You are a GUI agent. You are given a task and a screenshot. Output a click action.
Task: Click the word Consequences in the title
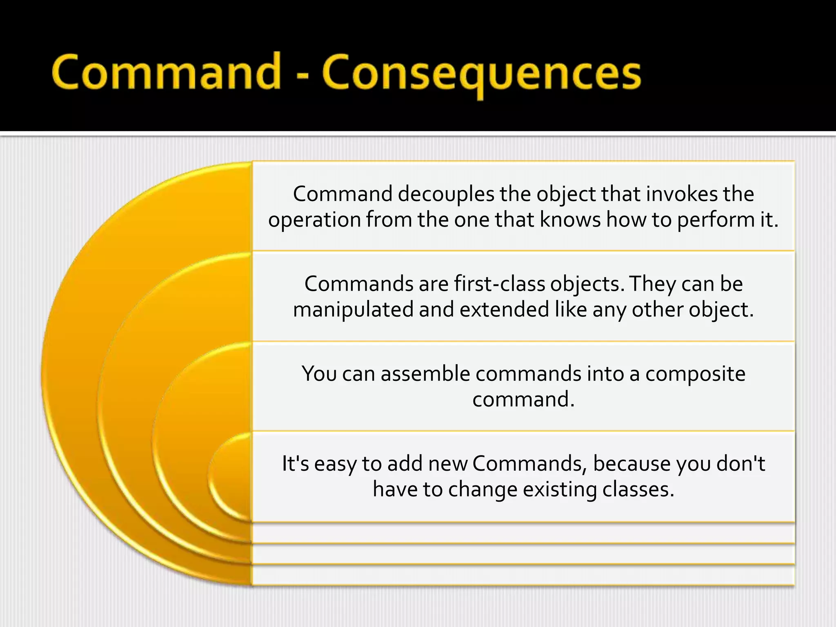(482, 73)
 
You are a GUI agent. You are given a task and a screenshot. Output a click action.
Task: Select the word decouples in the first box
(446, 194)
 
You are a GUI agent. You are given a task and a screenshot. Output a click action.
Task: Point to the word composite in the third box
(695, 374)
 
